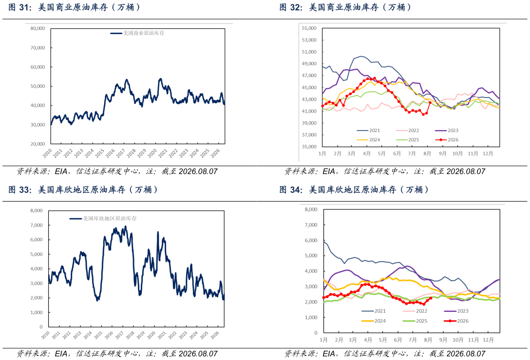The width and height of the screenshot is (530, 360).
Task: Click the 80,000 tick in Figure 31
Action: click(38, 29)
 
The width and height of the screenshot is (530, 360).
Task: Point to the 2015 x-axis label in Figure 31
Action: click(100, 153)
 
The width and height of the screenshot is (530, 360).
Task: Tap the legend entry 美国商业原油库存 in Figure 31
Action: click(137, 33)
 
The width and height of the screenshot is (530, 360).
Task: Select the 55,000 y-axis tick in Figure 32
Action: click(309, 28)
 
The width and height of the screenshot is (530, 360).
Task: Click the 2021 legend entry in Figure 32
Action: click(368, 131)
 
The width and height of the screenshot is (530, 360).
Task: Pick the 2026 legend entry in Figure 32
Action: click(447, 140)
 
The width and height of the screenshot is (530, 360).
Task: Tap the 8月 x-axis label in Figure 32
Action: click(427, 153)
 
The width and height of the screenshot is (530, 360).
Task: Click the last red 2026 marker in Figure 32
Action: click(430, 103)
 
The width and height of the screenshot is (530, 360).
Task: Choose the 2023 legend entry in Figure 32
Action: click(447, 131)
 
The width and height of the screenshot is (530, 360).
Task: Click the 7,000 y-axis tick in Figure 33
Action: click(37, 225)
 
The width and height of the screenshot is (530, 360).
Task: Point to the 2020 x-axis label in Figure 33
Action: click(151, 335)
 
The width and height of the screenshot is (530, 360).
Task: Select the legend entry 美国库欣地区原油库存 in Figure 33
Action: click(103, 219)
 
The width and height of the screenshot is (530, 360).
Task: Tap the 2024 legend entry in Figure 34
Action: click(374, 321)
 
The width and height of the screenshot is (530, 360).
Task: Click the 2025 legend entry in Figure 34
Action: click(415, 321)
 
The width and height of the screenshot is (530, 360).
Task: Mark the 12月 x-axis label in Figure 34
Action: click(488, 340)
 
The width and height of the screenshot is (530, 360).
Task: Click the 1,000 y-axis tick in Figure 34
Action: click(311, 318)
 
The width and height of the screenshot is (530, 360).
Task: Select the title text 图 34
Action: click(291, 189)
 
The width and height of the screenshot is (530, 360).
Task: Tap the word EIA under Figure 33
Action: click(61, 354)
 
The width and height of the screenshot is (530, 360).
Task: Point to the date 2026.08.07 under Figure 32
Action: click(466, 171)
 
